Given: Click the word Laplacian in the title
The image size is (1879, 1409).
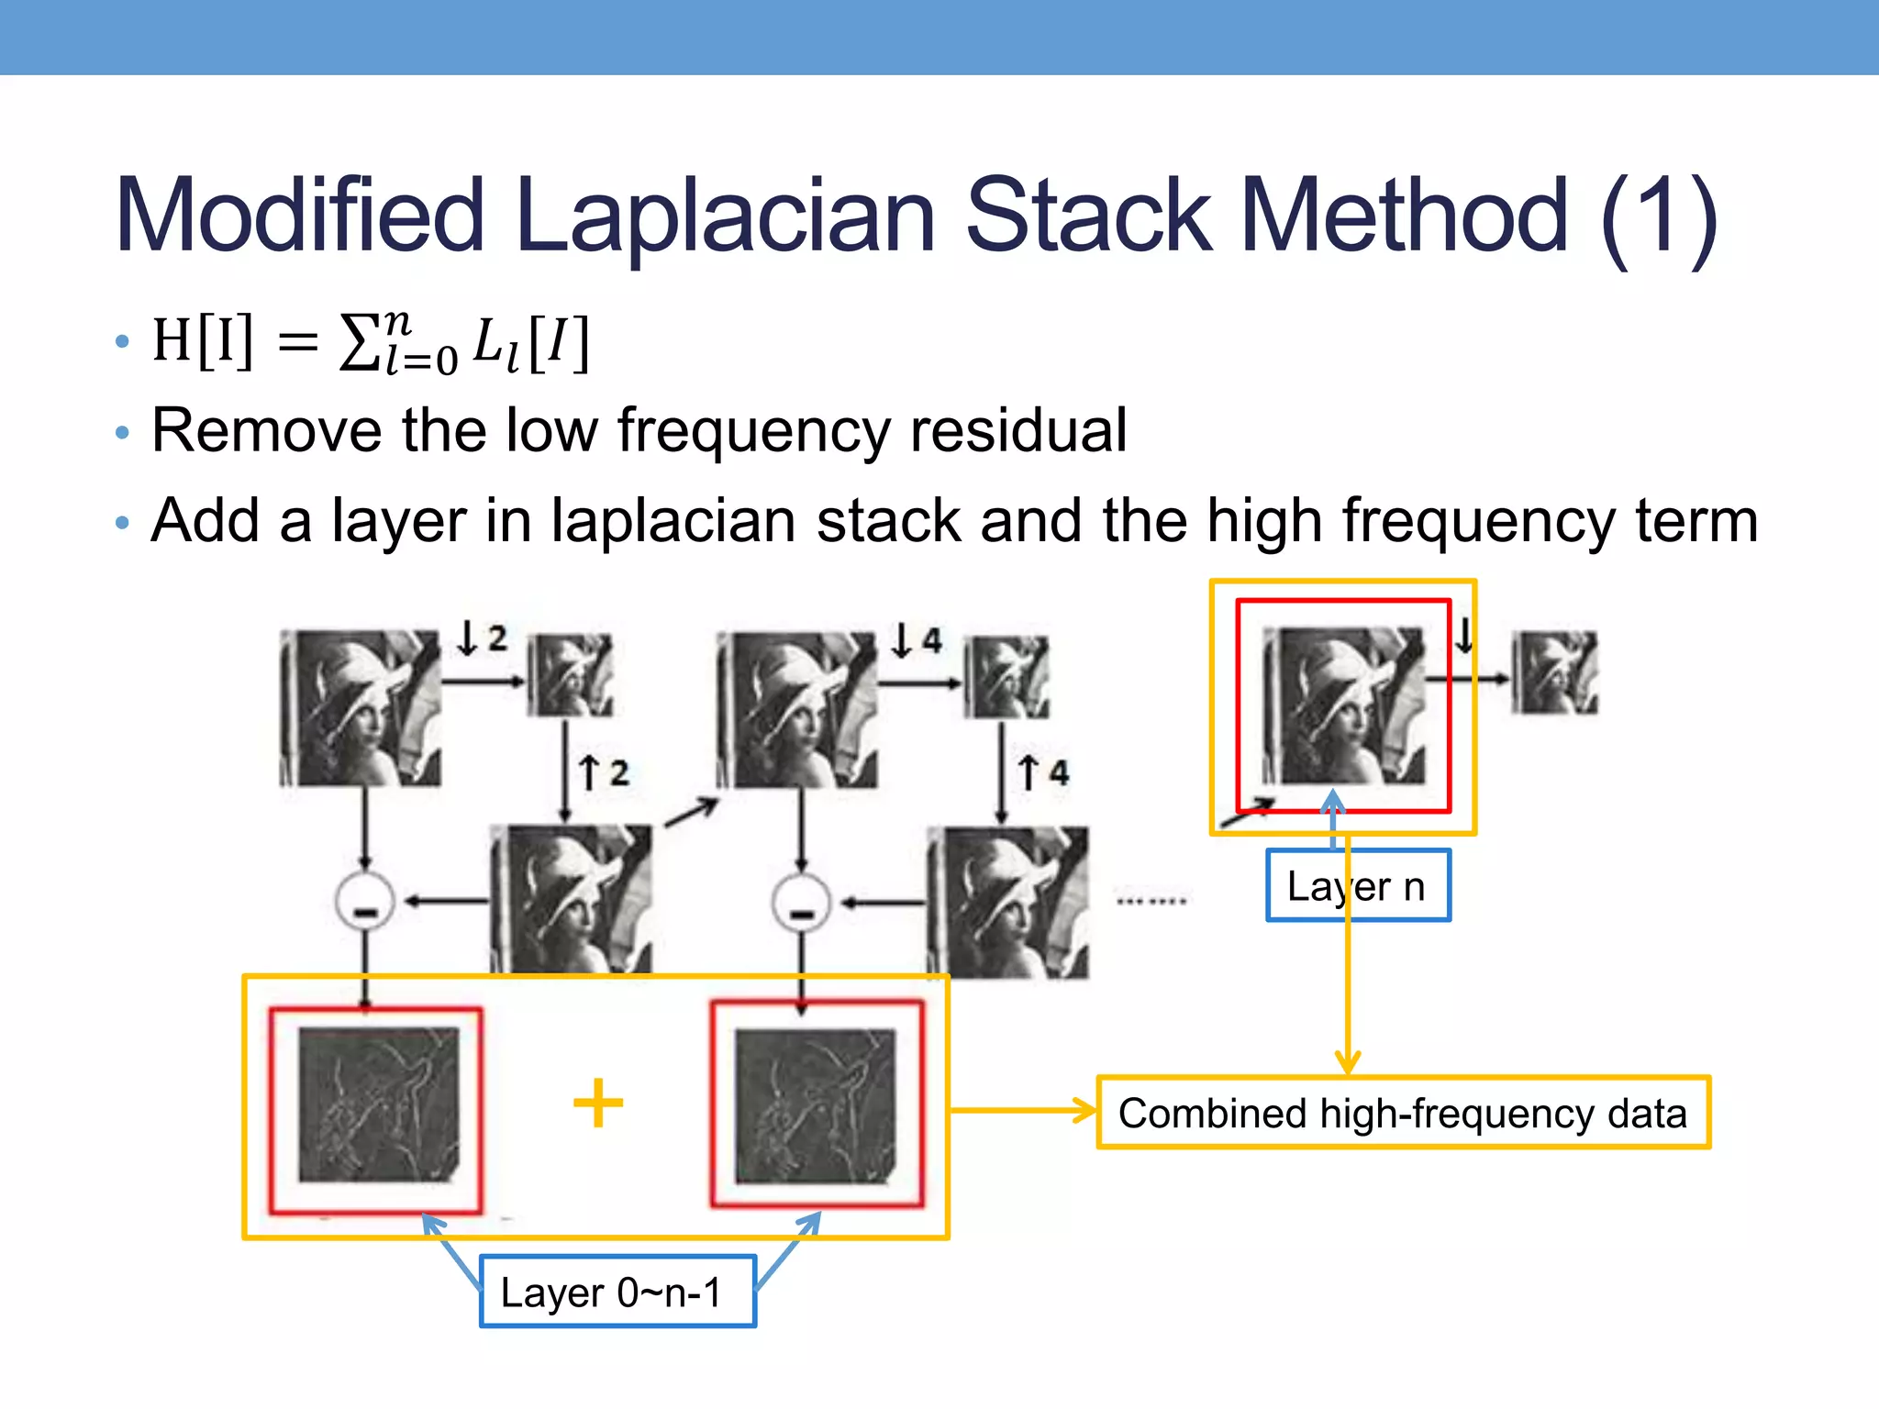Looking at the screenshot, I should [725, 217].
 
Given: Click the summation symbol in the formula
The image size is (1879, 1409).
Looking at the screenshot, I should [359, 343].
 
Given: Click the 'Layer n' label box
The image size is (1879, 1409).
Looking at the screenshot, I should [1357, 886].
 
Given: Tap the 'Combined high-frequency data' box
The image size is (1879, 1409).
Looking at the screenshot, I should [1403, 1113].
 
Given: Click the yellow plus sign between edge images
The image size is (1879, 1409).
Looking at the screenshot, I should [598, 1103].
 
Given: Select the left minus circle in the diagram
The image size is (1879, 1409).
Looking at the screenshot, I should [365, 903].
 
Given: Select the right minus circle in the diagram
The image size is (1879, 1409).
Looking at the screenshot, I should [801, 903].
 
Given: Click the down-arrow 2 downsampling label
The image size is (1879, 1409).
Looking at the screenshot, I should [483, 638].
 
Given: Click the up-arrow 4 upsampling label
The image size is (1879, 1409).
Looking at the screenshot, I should [1043, 772].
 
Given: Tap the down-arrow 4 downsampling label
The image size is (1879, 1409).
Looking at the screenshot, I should [917, 639].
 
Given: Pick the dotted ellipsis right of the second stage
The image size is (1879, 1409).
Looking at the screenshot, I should [1151, 901].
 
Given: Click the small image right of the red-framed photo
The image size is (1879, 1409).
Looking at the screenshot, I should [1554, 673].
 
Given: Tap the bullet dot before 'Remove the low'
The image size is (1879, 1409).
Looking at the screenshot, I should [123, 432].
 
